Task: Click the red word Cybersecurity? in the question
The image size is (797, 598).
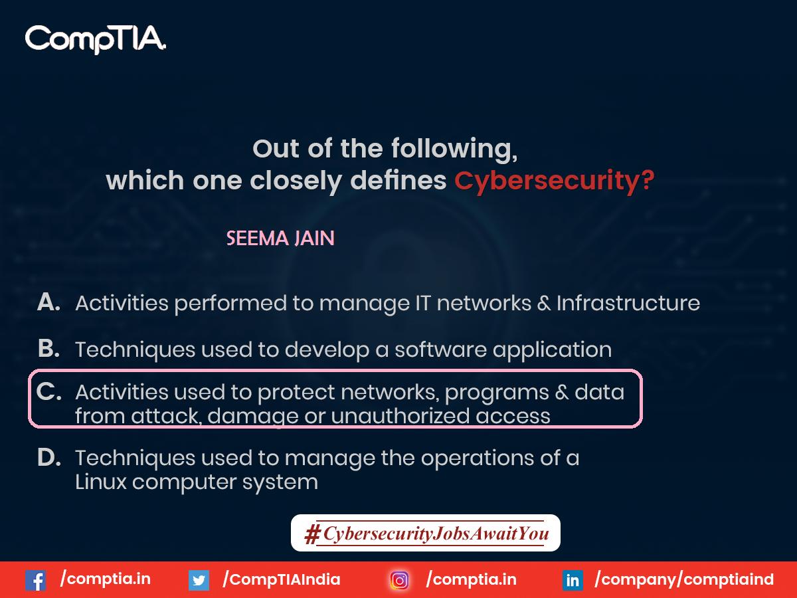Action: click(x=554, y=181)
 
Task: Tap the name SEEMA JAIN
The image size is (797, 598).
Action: click(x=280, y=239)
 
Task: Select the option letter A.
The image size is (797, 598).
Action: click(x=48, y=302)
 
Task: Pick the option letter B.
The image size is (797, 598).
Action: click(x=48, y=348)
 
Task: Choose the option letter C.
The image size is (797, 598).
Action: click(x=48, y=392)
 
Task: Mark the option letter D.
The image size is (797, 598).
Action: click(x=48, y=458)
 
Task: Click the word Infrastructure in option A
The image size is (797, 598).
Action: click(x=628, y=303)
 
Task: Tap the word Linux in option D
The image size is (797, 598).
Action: click(x=100, y=482)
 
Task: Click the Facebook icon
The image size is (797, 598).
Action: click(x=35, y=580)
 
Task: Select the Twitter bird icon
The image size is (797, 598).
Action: click(x=198, y=580)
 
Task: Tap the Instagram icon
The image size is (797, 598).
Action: click(x=400, y=580)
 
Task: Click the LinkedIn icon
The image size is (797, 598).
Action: click(x=572, y=580)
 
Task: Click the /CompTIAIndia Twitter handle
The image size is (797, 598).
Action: click(x=282, y=579)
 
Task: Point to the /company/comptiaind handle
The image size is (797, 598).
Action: click(x=684, y=579)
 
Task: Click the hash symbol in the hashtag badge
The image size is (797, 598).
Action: click(x=311, y=534)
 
